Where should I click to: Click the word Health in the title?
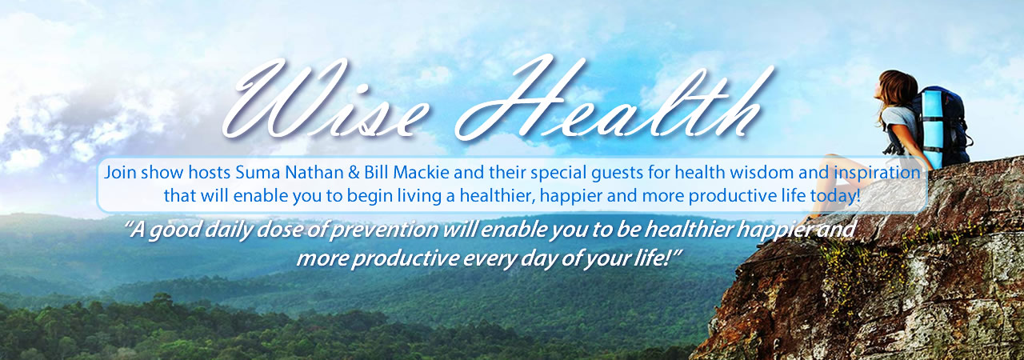(613, 98)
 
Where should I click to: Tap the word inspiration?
(877, 174)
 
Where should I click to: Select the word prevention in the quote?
(383, 230)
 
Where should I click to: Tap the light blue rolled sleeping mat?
(932, 128)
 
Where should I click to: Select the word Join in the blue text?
(120, 174)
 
